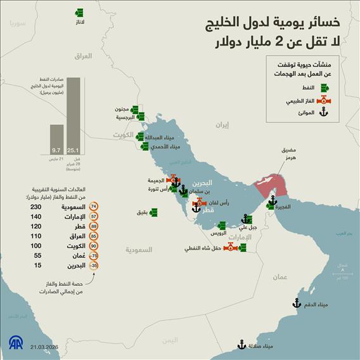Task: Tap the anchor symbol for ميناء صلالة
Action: coord(241,345)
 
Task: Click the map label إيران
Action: coord(221,125)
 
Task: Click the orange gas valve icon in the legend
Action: coord(323,100)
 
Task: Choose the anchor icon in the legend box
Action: coord(323,113)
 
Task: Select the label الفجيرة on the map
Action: coord(288,207)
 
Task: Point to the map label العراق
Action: coord(84,56)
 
